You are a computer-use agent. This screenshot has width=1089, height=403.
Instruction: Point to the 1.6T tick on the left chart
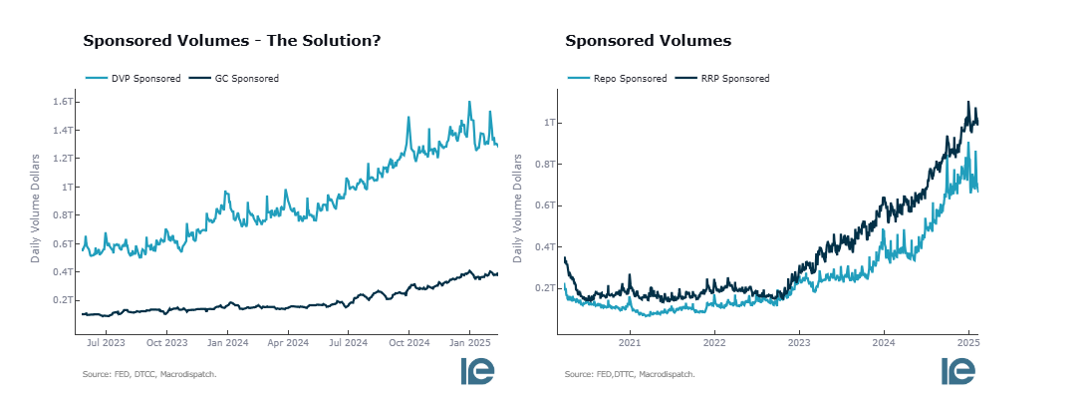point(64,102)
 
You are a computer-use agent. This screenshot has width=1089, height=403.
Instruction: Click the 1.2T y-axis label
point(64,159)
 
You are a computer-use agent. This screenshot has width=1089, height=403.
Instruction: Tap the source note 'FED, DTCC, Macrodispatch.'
point(149,374)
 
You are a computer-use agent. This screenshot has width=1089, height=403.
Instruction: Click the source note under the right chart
point(630,374)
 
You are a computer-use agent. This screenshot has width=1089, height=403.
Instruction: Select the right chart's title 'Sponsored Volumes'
point(648,41)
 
